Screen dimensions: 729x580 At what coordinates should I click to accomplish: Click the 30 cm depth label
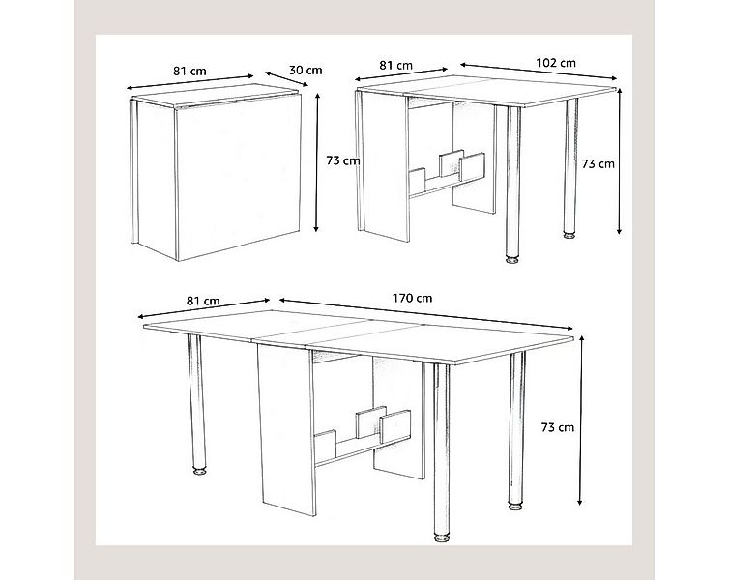click(x=306, y=71)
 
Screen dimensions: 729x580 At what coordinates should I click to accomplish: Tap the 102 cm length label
click(x=556, y=63)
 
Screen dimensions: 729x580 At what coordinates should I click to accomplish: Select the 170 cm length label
click(x=413, y=298)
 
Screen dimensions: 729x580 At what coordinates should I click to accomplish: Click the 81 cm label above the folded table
click(x=190, y=72)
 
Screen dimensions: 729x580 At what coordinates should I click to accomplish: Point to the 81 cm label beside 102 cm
click(x=395, y=65)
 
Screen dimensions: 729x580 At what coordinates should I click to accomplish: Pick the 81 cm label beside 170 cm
click(x=203, y=301)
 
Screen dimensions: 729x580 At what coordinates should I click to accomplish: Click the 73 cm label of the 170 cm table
click(x=558, y=427)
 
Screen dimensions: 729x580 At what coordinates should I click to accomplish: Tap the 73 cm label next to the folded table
click(x=343, y=160)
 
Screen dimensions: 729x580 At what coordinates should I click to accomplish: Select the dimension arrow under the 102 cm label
click(x=539, y=72)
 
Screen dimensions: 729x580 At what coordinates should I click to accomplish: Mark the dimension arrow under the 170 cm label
click(x=425, y=314)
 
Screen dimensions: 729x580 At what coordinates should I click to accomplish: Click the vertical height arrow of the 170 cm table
click(x=581, y=420)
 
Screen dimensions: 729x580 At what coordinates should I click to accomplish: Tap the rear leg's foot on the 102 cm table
click(x=569, y=235)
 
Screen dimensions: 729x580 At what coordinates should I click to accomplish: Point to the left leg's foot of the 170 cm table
click(x=200, y=472)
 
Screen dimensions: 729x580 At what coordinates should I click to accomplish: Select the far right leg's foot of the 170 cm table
click(x=514, y=506)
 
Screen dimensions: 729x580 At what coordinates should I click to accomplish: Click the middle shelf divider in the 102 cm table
click(x=452, y=162)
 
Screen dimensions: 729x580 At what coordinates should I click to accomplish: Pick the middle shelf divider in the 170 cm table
click(x=370, y=422)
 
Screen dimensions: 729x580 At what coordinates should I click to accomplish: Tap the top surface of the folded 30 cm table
click(x=218, y=97)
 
